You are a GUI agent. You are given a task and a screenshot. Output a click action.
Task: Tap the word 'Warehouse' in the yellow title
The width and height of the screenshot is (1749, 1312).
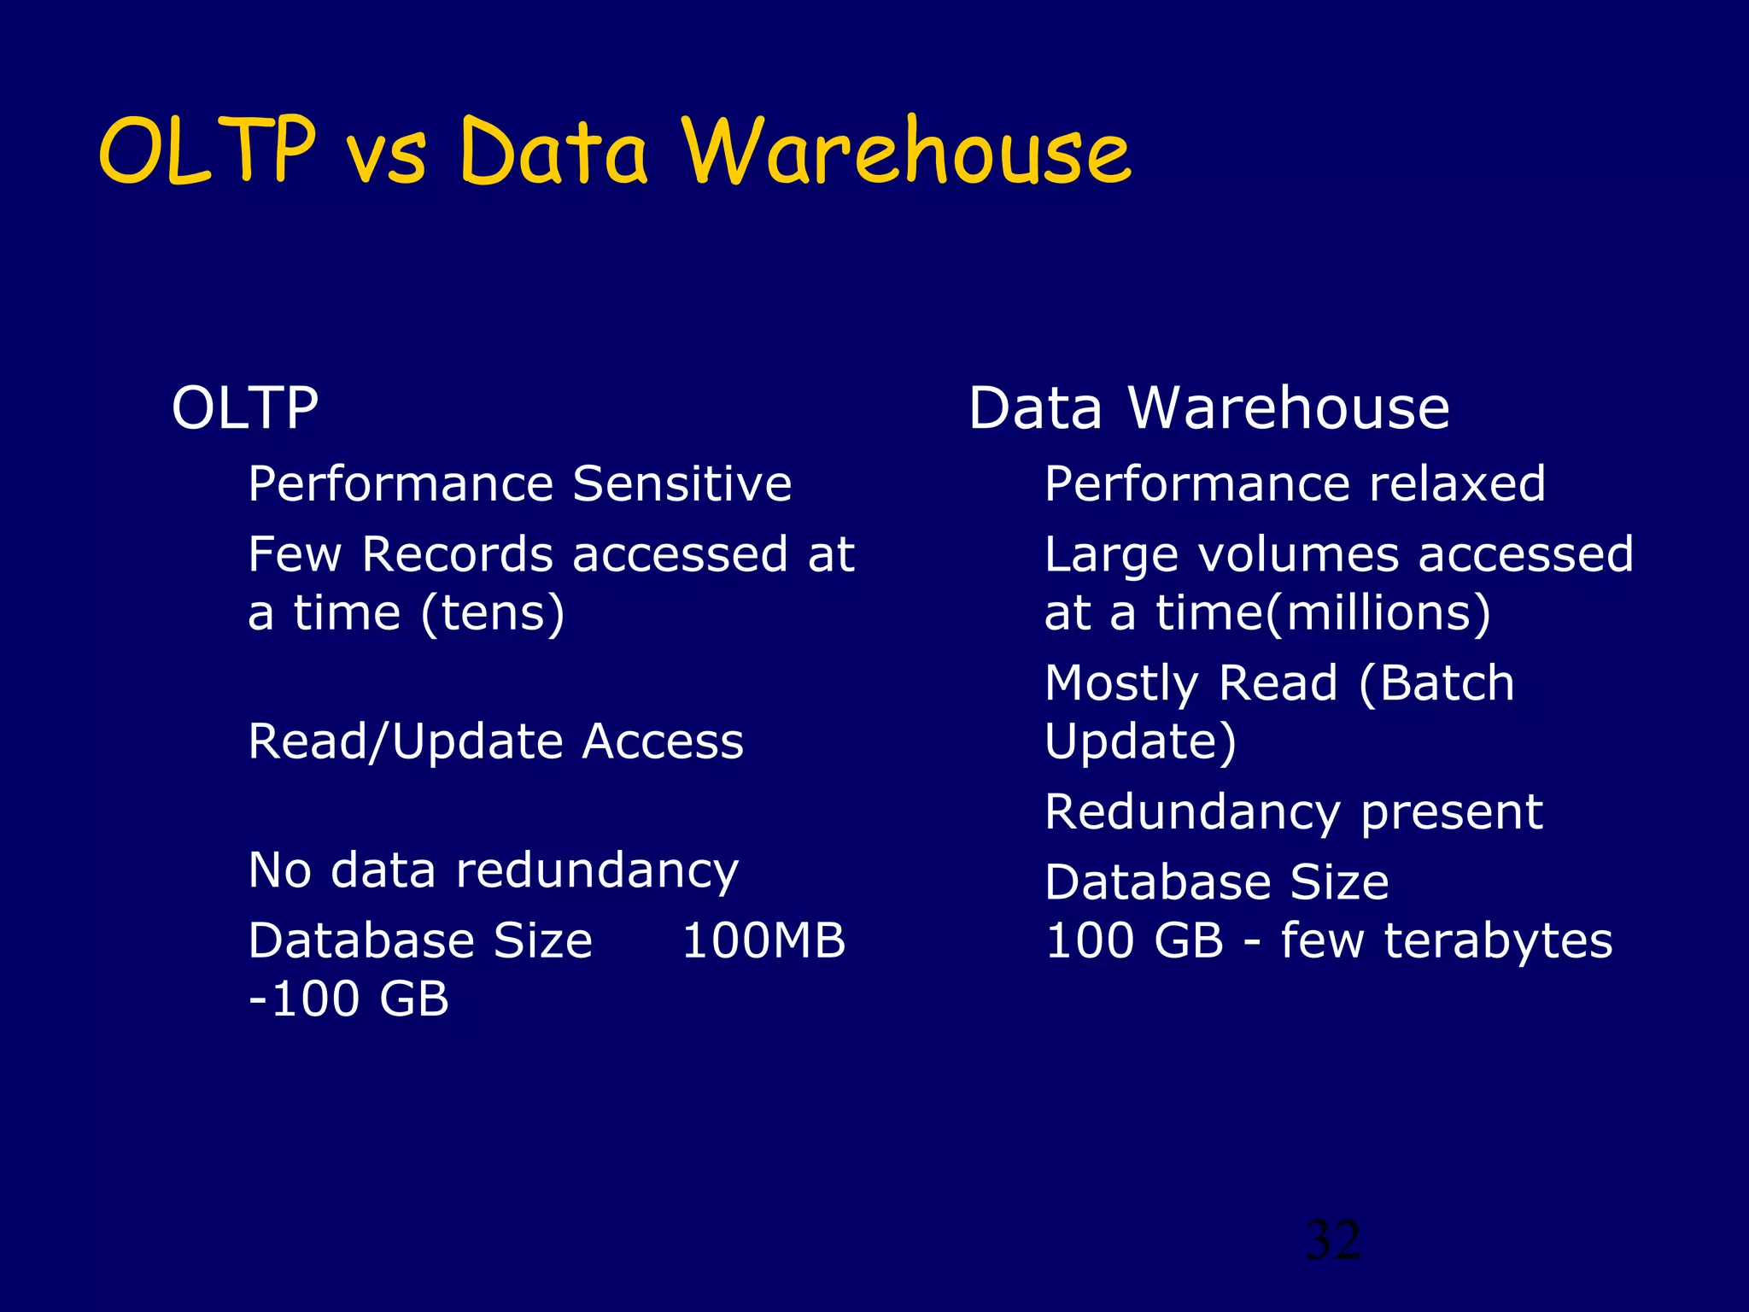(907, 151)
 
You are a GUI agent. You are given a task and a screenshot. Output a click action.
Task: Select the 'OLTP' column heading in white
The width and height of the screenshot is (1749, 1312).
(245, 408)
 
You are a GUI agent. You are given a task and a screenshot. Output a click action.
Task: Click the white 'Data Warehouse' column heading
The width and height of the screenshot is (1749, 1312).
(1208, 408)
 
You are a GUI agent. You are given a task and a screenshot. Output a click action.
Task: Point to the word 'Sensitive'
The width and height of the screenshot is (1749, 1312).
(681, 484)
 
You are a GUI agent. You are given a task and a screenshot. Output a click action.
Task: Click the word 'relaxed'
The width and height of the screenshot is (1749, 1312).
(1457, 484)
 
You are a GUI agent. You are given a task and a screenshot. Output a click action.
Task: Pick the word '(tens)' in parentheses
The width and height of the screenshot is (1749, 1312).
(493, 613)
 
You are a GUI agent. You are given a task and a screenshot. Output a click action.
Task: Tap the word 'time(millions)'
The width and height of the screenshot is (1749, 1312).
(1323, 613)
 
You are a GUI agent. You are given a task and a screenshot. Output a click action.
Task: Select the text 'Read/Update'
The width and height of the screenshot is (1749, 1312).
(405, 741)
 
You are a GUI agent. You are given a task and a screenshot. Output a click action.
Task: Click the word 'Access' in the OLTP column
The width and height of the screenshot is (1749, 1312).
(663, 741)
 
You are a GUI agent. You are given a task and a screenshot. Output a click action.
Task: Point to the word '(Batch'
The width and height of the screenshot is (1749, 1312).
(1436, 683)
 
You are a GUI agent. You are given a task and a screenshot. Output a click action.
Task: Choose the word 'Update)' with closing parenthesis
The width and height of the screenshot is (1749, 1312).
(1140, 741)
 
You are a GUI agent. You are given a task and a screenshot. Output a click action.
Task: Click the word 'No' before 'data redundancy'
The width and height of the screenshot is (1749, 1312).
(279, 870)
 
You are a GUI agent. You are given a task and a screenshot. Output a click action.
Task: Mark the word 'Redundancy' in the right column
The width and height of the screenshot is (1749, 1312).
(1192, 811)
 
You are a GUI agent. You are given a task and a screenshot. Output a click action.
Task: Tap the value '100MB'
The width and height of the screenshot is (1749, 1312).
(763, 940)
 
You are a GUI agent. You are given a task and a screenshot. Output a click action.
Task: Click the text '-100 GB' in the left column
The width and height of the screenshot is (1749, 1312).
(348, 999)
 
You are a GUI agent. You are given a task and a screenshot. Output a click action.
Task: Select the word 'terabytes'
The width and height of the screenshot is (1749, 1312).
(1498, 940)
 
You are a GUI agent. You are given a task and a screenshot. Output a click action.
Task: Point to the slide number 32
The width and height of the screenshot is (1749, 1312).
(1333, 1240)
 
